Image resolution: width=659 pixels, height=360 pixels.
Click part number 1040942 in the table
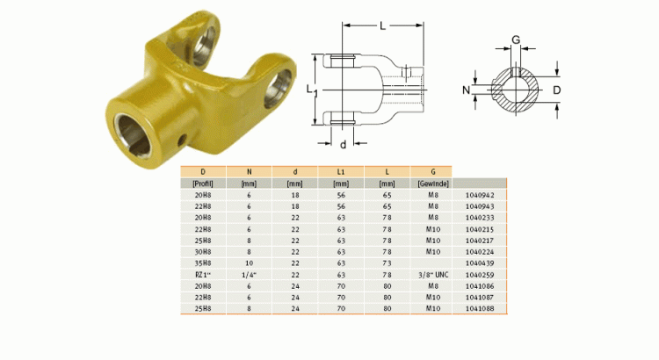(x=480, y=196)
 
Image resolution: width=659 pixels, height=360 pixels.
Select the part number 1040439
(x=480, y=262)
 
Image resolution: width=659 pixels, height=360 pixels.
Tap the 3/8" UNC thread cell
(x=432, y=273)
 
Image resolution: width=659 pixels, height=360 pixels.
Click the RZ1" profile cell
(x=203, y=273)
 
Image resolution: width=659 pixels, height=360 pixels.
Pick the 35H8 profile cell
(x=203, y=262)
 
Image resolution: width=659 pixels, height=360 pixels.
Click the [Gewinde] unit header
(x=432, y=184)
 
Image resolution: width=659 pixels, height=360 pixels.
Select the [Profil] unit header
(x=203, y=184)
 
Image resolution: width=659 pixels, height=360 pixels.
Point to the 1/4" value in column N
(x=249, y=273)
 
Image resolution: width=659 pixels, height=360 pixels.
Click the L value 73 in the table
(x=387, y=262)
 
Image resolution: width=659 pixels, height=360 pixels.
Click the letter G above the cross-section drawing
(x=516, y=40)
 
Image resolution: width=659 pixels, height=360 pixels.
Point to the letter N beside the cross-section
(x=466, y=90)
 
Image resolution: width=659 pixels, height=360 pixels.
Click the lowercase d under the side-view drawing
(x=343, y=143)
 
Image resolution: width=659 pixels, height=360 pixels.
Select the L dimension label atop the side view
(x=382, y=27)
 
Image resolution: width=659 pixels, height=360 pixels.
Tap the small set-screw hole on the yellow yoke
(x=183, y=138)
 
